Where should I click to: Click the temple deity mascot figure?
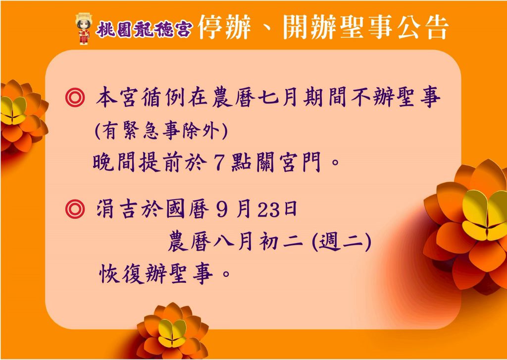[83, 28]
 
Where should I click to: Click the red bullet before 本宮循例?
[75, 98]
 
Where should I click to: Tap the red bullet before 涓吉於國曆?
[75, 209]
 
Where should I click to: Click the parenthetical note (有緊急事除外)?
[161, 131]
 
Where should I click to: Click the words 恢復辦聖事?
[156, 274]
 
